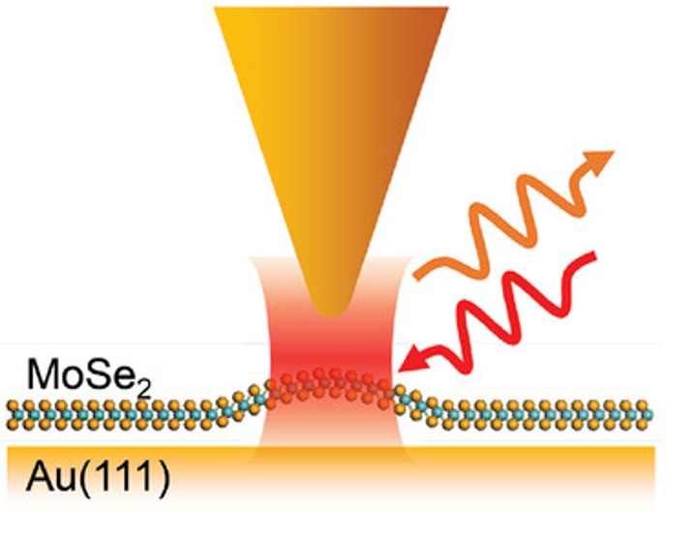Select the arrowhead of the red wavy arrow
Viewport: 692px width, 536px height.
pyautogui.click(x=412, y=360)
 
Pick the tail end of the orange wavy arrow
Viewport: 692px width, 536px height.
pyautogui.click(x=418, y=276)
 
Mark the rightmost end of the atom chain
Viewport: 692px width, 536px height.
pyautogui.click(x=655, y=413)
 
